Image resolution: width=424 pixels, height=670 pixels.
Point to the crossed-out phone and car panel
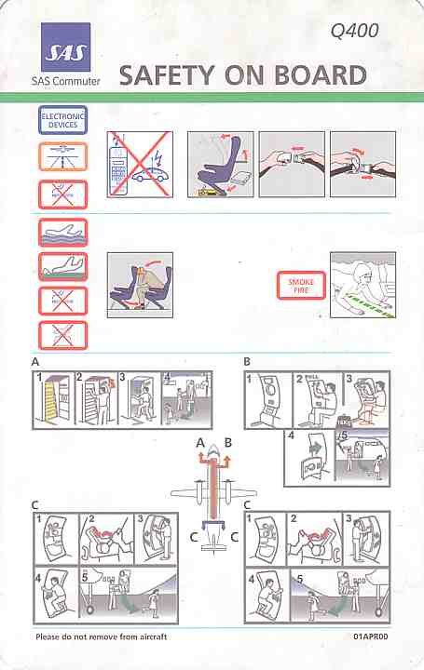(x=140, y=164)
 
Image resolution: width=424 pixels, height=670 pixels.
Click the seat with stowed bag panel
(x=219, y=164)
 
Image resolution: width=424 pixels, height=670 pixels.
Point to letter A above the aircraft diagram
(x=198, y=444)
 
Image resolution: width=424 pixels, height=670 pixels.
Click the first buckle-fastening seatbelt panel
(x=290, y=164)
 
